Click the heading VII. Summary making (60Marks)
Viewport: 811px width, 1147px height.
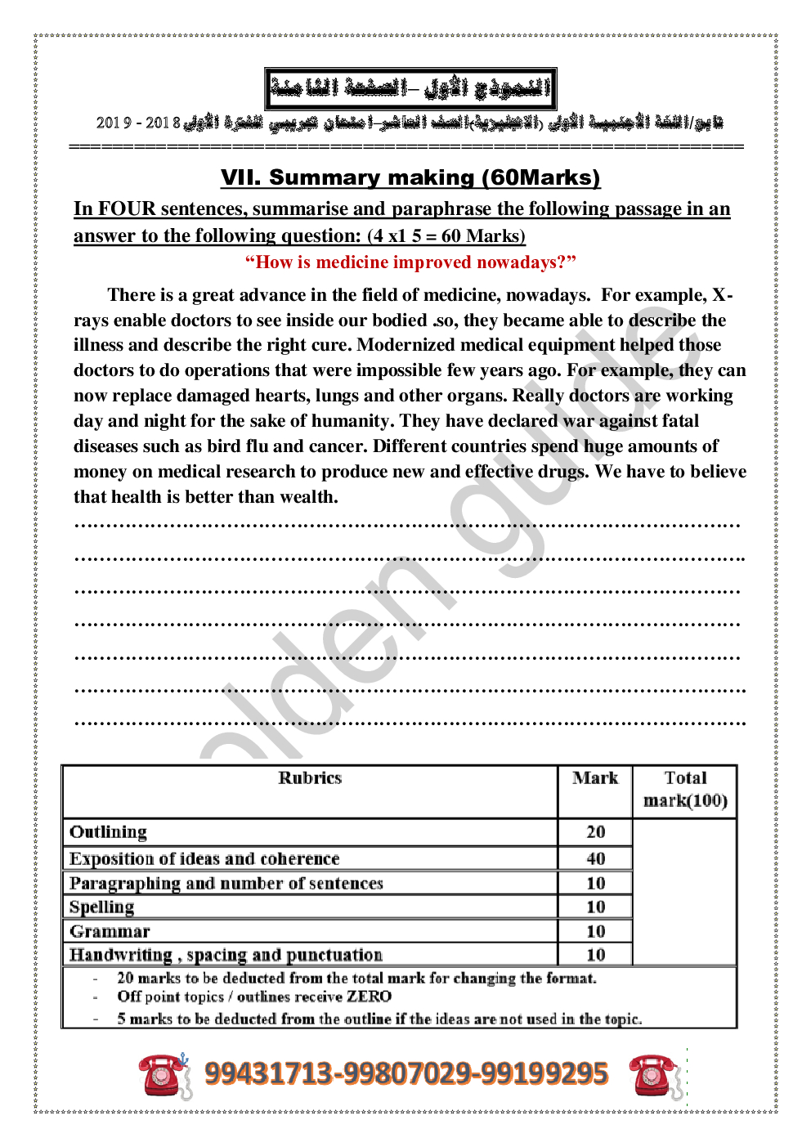pos(410,177)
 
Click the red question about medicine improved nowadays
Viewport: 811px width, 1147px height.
pos(410,262)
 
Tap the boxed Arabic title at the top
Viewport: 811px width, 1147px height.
pos(410,88)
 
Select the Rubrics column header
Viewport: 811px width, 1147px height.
pos(310,778)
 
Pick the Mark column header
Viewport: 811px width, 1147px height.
pos(595,778)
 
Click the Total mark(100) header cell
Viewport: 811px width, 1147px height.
pos(685,789)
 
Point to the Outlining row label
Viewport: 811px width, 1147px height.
pos(109,832)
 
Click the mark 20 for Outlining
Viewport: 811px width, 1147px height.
pos(596,832)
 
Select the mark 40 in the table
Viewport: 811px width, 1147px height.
pos(596,858)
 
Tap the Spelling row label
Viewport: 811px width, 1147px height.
pos(102,907)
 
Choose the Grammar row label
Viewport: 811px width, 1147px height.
pos(110,931)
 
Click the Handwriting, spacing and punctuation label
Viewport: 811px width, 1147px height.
pos(226,955)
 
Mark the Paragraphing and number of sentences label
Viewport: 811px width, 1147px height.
pos(226,884)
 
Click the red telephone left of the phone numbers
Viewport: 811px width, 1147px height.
pos(164,1074)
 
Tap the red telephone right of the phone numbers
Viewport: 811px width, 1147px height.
pos(655,1076)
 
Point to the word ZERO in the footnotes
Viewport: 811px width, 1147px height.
pos(369,997)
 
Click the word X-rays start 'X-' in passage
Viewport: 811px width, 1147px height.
pos(723,295)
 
